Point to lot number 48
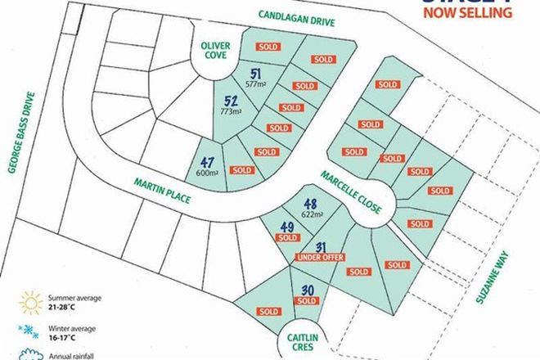[310, 205]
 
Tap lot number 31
[320, 247]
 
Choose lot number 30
[308, 291]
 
